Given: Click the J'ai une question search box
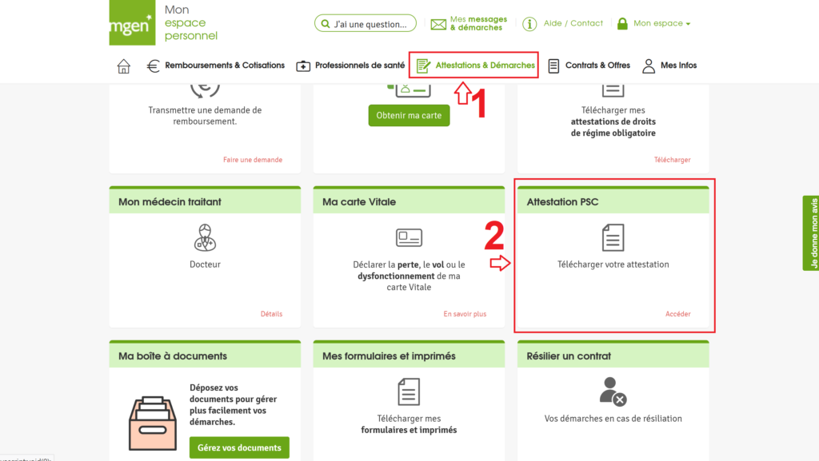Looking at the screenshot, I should pos(365,24).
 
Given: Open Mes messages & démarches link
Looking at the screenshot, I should pos(469,24).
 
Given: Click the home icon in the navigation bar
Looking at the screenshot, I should pos(124,66).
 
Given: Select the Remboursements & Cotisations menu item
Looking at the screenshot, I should pos(216,66).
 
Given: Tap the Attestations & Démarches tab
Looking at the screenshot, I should pos(475,66).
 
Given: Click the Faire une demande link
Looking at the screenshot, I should pos(252,160).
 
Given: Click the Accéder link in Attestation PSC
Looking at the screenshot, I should pos(677,314).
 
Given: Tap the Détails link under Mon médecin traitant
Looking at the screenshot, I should pos(271,314).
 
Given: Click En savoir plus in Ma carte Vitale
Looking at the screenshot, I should pos(465,314).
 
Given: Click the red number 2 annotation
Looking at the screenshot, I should pos(494,236).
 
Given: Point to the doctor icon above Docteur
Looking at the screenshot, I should pos(205,237).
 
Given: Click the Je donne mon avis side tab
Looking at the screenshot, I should pos(811,233).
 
